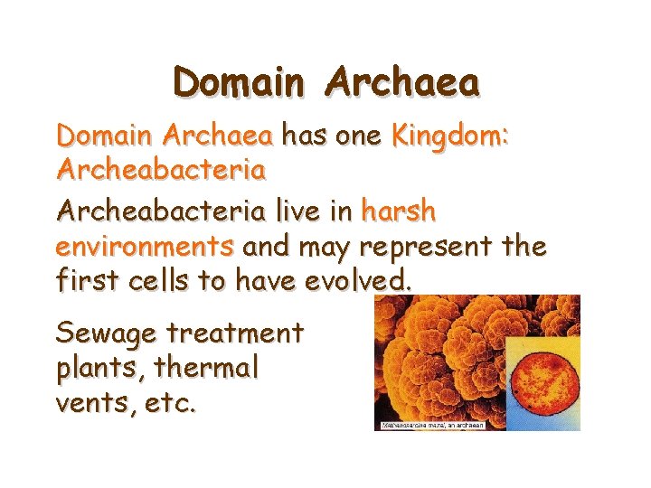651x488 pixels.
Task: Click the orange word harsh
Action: tap(398, 211)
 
